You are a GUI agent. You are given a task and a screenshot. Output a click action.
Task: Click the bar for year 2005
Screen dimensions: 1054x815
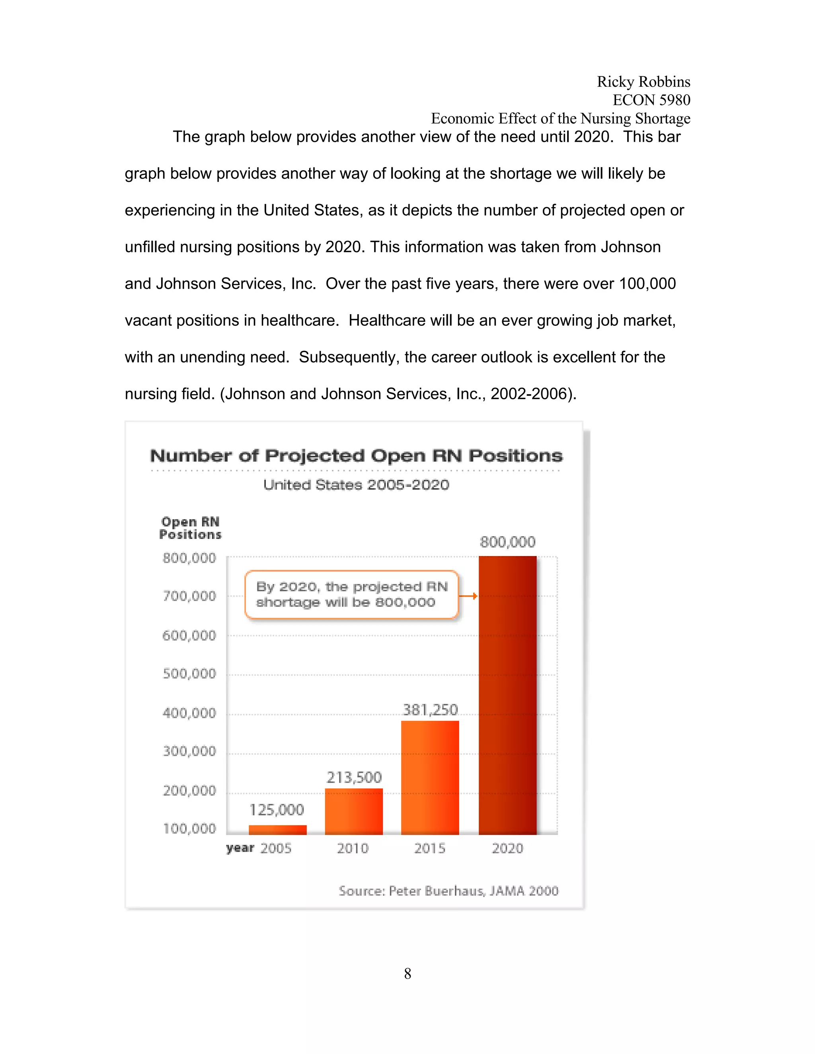(278, 830)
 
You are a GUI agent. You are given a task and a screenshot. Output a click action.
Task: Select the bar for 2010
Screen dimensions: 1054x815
(354, 811)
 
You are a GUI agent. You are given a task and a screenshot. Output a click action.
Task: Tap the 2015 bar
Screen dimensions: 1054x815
(430, 778)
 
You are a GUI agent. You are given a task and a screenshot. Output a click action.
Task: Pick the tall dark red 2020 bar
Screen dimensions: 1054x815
(507, 695)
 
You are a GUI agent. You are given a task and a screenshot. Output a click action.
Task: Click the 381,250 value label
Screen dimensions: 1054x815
(430, 710)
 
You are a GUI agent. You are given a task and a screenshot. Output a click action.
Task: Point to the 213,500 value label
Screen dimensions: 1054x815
(354, 777)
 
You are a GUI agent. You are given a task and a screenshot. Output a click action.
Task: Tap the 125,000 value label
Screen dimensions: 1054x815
(277, 809)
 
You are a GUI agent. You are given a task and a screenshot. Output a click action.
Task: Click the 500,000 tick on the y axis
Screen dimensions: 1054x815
(189, 673)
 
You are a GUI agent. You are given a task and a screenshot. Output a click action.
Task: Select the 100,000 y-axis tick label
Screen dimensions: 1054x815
(189, 828)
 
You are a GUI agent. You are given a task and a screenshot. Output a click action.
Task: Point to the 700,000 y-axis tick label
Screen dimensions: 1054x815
(189, 596)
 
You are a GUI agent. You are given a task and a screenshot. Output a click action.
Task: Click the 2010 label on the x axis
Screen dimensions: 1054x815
(353, 848)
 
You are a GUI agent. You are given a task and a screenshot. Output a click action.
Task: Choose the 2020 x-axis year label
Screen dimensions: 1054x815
(507, 848)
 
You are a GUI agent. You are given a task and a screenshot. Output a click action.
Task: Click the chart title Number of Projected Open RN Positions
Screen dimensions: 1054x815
(356, 455)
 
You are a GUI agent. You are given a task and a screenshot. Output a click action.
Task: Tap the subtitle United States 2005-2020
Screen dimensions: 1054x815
(356, 484)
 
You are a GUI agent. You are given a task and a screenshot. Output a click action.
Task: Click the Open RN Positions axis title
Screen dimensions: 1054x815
(190, 528)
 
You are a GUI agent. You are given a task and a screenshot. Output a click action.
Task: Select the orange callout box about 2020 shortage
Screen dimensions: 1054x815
(351, 595)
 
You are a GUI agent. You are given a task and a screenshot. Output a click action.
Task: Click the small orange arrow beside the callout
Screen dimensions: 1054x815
(468, 596)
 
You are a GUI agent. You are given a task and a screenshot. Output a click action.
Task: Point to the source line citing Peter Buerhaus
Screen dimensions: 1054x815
(448, 891)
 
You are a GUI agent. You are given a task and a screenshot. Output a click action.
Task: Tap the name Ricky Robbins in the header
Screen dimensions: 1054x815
(643, 82)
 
